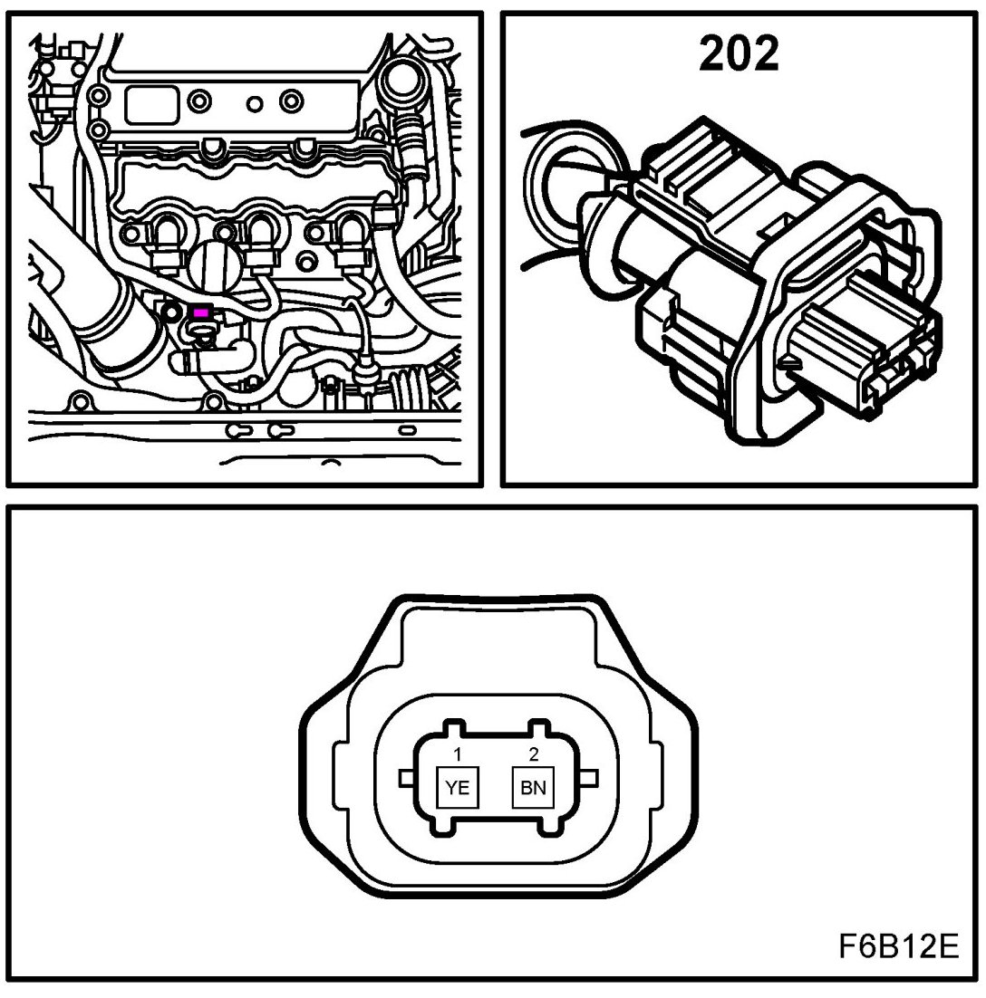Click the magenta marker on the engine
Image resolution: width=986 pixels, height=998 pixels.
201,312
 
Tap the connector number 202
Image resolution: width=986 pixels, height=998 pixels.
739,54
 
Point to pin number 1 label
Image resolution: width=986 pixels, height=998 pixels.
459,753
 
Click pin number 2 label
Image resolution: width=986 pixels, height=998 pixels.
533,753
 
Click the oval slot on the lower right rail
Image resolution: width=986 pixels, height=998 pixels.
407,428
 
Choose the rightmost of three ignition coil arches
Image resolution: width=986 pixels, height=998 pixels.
349,235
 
